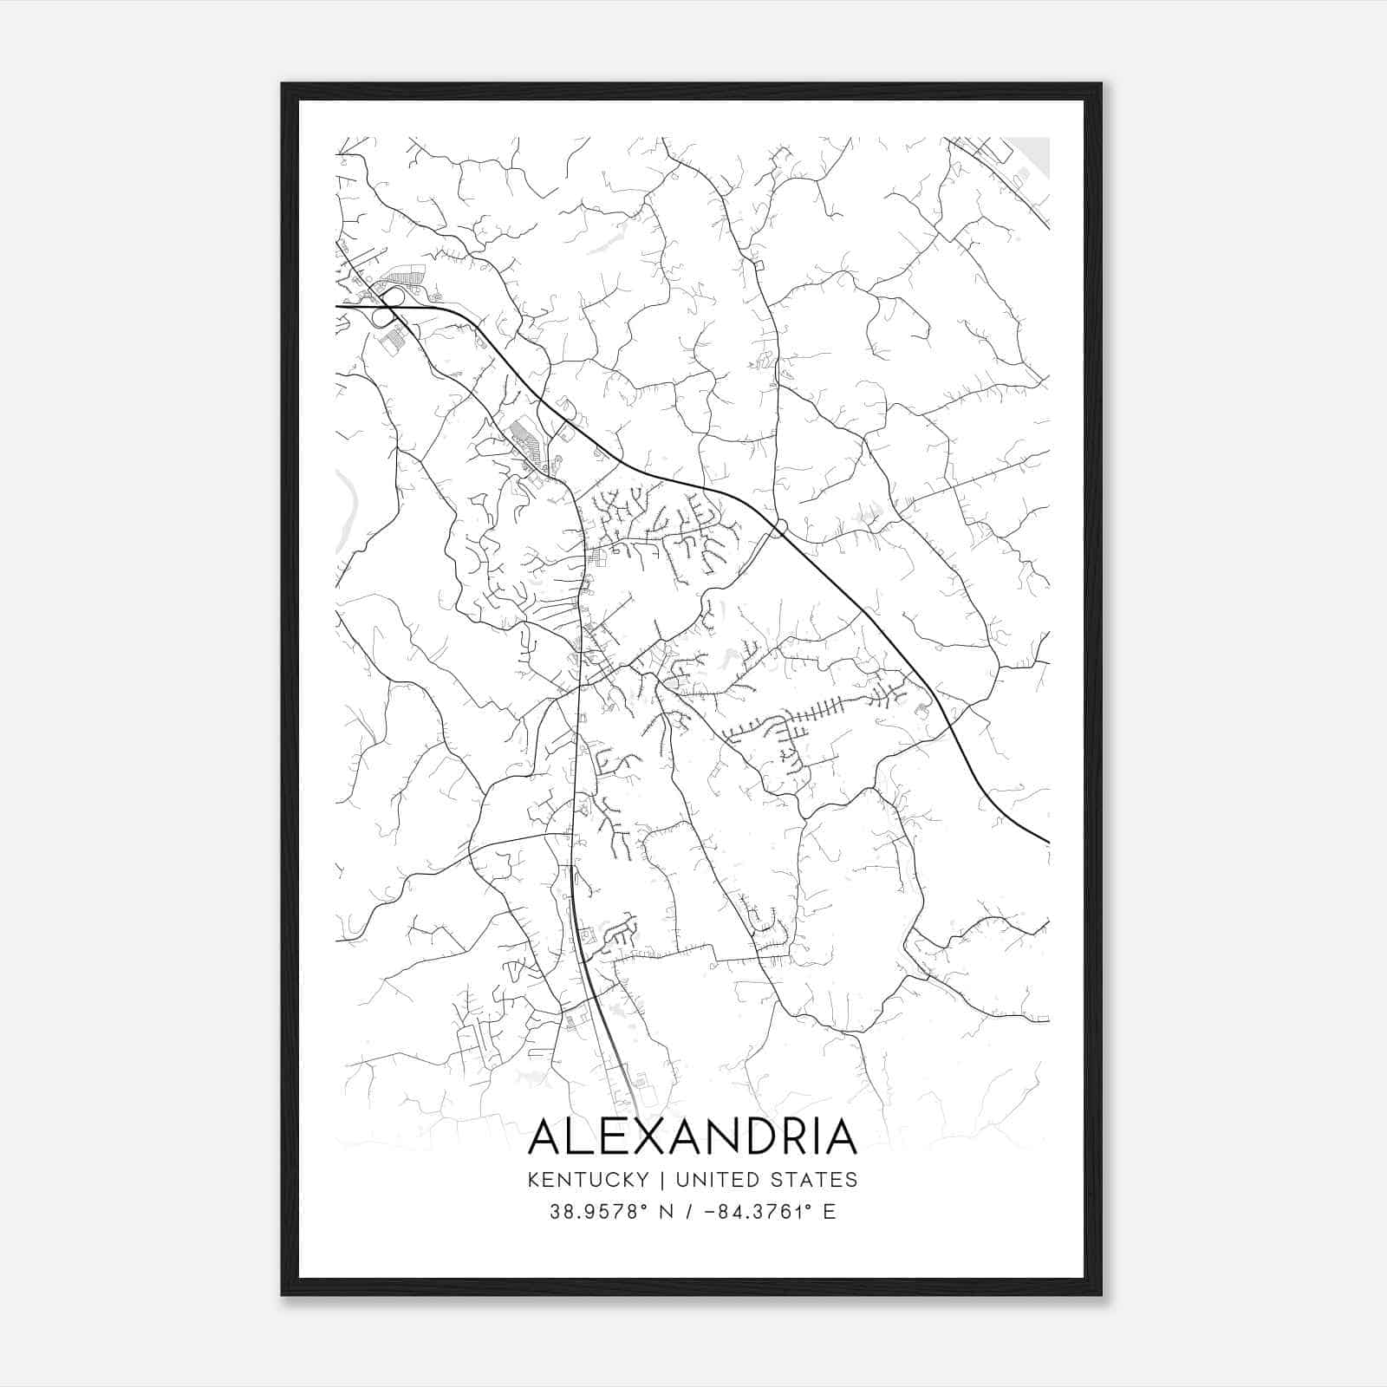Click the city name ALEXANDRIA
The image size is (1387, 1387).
click(x=692, y=1137)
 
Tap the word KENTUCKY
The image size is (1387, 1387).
click(x=588, y=1180)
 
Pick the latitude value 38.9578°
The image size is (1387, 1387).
click(x=599, y=1212)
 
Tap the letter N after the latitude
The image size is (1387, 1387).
click(x=667, y=1212)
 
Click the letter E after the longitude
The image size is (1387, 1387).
click(x=830, y=1212)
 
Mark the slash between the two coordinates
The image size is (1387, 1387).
click(x=690, y=1212)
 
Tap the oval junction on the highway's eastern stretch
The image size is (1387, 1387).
click(x=778, y=528)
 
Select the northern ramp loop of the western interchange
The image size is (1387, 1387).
click(x=391, y=296)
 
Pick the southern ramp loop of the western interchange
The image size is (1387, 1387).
click(x=381, y=318)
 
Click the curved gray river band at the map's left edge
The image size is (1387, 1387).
click(x=347, y=511)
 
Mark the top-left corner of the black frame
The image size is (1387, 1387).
click(x=283, y=84)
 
